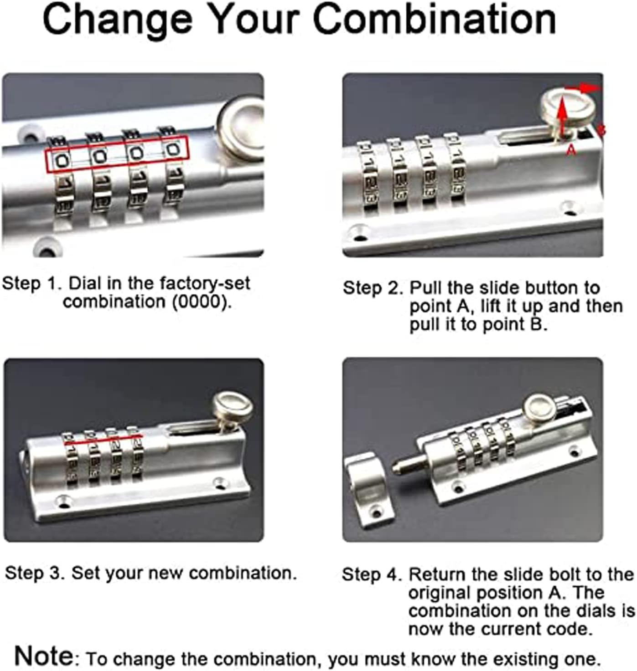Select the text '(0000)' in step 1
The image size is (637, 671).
[x=202, y=302]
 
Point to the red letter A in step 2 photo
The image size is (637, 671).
[x=570, y=149]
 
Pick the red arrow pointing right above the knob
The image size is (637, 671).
[x=583, y=88]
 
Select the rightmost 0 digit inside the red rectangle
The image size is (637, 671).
[x=173, y=149]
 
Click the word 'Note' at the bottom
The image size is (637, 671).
[x=44, y=656]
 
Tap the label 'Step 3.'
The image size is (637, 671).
[x=35, y=573]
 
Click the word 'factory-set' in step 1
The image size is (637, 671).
[x=205, y=284]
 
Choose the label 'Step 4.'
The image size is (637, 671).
[x=372, y=575]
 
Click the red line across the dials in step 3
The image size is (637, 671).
[x=103, y=440]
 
